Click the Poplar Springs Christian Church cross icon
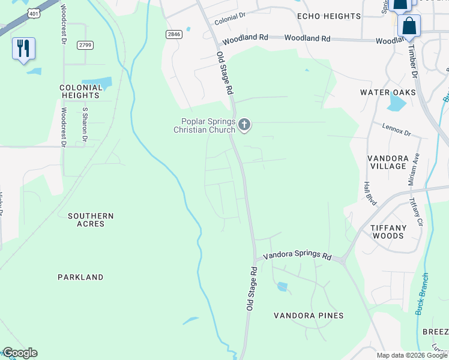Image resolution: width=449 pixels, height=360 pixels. pyautogui.click(x=244, y=125)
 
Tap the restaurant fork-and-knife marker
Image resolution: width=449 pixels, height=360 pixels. pyautogui.click(x=23, y=49)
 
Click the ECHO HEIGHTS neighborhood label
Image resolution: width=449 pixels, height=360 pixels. pyautogui.click(x=329, y=16)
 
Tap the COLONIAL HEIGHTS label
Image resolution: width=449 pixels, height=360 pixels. pyautogui.click(x=79, y=91)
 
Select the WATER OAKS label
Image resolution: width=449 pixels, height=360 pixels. pyautogui.click(x=388, y=92)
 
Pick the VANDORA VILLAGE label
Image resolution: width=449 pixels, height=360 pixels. pyautogui.click(x=388, y=162)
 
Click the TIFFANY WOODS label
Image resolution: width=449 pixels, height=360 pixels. pyautogui.click(x=387, y=232)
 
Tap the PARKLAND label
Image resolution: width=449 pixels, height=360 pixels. pyautogui.click(x=80, y=277)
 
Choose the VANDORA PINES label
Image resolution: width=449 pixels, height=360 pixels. pyautogui.click(x=309, y=316)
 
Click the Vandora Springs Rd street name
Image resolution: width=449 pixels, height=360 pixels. pyautogui.click(x=298, y=256)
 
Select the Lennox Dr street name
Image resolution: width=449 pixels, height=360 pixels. pyautogui.click(x=396, y=129)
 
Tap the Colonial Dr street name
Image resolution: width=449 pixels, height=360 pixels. pyautogui.click(x=230, y=19)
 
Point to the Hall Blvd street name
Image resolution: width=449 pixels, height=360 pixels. pyautogui.click(x=370, y=194)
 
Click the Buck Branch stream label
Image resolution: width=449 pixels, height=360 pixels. pyautogui.click(x=422, y=294)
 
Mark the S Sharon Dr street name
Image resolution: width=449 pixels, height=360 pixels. pyautogui.click(x=85, y=125)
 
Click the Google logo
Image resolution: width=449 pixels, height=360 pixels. pyautogui.click(x=19, y=353)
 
